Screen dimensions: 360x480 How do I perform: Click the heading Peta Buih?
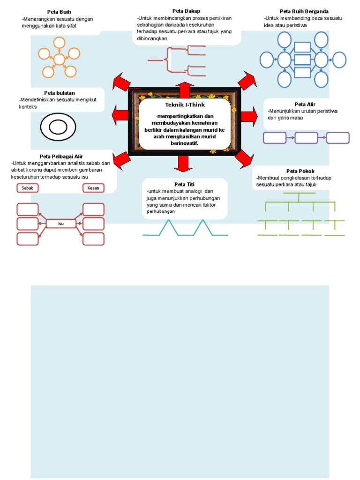tap(59, 11)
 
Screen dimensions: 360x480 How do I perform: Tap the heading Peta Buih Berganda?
tap(304, 11)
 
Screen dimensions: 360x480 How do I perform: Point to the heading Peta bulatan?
tap(60, 93)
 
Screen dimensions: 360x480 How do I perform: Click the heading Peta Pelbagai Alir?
tap(61, 156)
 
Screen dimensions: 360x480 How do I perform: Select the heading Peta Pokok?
tap(300, 171)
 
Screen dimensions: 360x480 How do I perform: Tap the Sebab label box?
tap(28, 188)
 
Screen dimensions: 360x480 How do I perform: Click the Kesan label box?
tap(93, 188)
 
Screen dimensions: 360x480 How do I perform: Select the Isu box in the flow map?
tap(61, 224)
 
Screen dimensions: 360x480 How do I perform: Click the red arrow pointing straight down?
tap(183, 162)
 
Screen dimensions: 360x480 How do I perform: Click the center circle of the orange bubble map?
tap(59, 60)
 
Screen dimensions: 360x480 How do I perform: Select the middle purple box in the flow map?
tap(306, 138)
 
